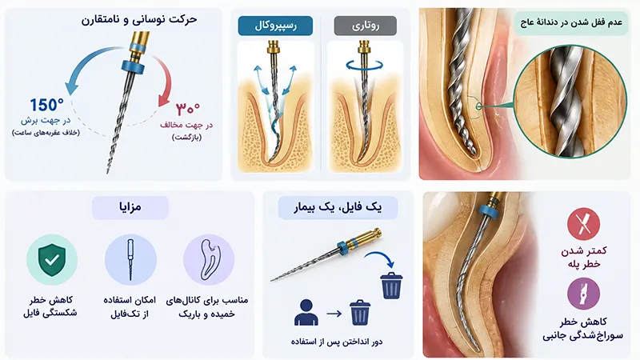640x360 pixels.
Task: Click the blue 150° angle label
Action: [46, 105]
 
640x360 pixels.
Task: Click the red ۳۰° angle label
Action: [188, 109]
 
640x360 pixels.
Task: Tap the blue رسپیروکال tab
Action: [275, 26]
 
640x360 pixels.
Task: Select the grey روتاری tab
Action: [366, 26]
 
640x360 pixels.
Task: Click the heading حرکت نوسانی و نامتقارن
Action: [138, 19]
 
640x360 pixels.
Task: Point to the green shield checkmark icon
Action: [52, 259]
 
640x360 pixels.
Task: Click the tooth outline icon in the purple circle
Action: [209, 259]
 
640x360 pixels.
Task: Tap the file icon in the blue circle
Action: [130, 259]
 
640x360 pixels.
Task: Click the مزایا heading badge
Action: [130, 207]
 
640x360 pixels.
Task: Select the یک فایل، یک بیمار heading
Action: [338, 208]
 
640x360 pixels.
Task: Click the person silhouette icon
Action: [306, 313]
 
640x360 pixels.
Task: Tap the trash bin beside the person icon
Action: [360, 313]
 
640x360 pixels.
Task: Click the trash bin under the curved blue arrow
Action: [391, 286]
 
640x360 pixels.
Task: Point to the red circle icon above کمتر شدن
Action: [584, 224]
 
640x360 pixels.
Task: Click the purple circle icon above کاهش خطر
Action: [584, 293]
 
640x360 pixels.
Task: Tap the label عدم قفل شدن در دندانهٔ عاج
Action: [571, 22]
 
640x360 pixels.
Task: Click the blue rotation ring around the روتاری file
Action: [365, 65]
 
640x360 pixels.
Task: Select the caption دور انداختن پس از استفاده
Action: [337, 342]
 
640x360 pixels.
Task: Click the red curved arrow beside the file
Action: [163, 81]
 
